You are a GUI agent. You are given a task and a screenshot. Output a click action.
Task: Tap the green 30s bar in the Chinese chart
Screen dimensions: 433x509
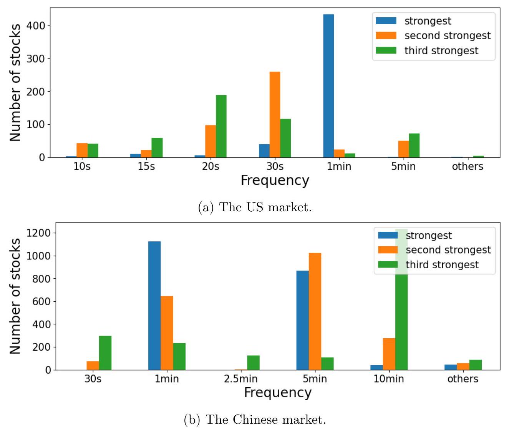click(105, 353)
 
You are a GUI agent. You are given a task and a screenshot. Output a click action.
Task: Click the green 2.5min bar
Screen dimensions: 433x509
click(253, 363)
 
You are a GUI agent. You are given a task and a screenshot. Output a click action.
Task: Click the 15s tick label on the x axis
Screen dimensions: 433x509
click(146, 166)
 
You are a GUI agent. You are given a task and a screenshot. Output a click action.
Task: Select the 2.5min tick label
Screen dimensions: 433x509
click(241, 379)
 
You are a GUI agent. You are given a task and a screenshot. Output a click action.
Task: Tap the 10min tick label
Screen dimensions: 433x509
click(389, 379)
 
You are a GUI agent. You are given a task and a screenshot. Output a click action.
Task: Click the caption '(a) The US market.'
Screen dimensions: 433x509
click(255, 207)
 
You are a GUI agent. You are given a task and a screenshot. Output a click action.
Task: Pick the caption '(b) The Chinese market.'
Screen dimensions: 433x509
click(255, 419)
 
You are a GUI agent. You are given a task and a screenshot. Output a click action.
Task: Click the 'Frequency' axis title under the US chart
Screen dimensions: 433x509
click(275, 180)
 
